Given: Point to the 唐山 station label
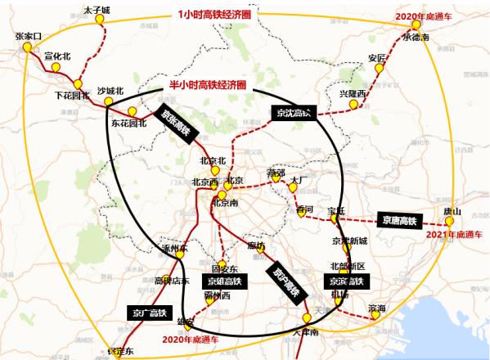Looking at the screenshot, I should (x=452, y=211).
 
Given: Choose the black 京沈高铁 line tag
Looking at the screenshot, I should (x=292, y=113).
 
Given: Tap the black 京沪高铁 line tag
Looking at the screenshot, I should (x=285, y=278).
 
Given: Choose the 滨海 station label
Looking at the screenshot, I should (x=377, y=308).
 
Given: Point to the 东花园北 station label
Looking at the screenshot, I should (x=128, y=124).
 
